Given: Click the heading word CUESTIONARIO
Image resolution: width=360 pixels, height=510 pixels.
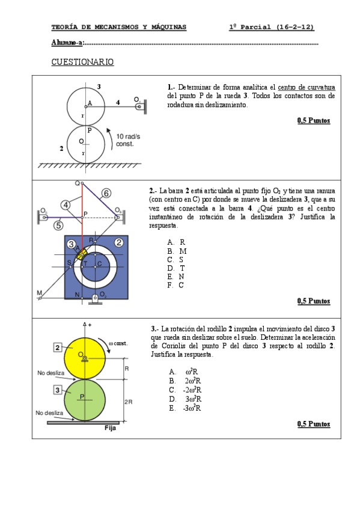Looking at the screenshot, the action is coord(82,62).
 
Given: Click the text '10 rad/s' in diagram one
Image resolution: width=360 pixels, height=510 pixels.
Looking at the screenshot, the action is coord(128,137).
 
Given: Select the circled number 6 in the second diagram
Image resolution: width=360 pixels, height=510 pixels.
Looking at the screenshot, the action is coord(106,193).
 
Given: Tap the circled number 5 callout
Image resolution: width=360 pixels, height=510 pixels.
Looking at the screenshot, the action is coord(58,225).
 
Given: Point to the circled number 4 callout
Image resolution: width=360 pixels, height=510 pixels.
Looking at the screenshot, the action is coord(66,205).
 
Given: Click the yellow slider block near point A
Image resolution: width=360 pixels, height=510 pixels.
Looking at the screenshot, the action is coord(81,254).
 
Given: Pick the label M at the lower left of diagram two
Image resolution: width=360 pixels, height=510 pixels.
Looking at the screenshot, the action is coord(39,293).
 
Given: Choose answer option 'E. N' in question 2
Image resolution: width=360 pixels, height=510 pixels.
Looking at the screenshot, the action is coord(175,277).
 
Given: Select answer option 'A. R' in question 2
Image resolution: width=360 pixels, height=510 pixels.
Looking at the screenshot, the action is coord(176,242).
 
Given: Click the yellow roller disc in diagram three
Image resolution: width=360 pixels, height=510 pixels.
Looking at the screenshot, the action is coord(85,358).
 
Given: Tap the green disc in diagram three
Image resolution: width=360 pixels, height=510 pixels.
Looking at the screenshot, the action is coord(85,401).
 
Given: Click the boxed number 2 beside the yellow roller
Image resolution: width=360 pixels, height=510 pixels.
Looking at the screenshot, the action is coord(58,348).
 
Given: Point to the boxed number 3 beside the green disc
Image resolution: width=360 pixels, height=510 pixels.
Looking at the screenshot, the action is coord(58,390).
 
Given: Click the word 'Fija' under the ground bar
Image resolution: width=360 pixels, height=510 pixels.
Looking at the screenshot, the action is coord(110,428).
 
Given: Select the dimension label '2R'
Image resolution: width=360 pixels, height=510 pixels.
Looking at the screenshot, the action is coord(129,402).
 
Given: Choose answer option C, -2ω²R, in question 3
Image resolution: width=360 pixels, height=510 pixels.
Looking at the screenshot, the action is coord(185,390).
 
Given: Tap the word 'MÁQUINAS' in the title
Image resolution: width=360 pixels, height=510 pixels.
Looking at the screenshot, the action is coord(169,27).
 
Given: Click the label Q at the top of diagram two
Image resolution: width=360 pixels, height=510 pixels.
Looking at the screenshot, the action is coord(78,183).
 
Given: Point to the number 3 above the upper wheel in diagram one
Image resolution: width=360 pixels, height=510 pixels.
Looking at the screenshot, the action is coord(99,87).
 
